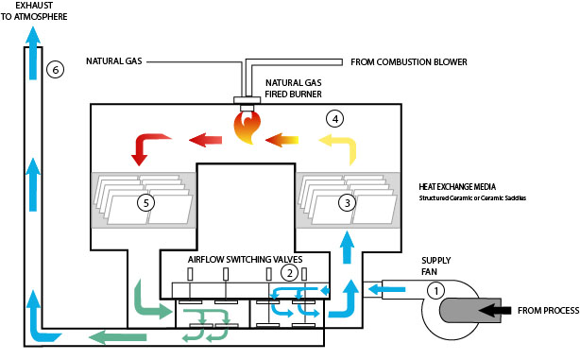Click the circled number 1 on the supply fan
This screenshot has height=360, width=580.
click(x=435, y=291)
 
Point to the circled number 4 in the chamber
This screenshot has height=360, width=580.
click(x=332, y=119)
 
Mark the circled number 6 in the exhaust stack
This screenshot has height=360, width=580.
click(x=56, y=70)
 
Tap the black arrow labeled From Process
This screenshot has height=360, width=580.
click(x=492, y=308)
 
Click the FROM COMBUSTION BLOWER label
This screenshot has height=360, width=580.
click(x=409, y=62)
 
